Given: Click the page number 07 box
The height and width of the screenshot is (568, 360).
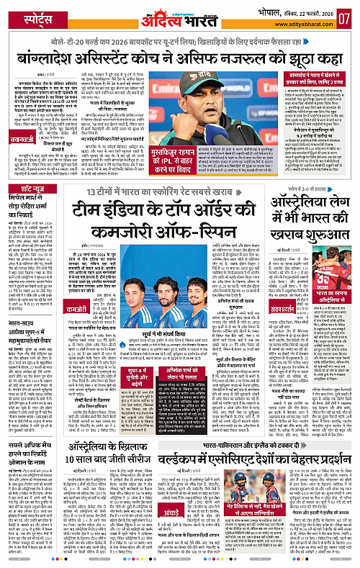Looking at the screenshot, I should point(344,15).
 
